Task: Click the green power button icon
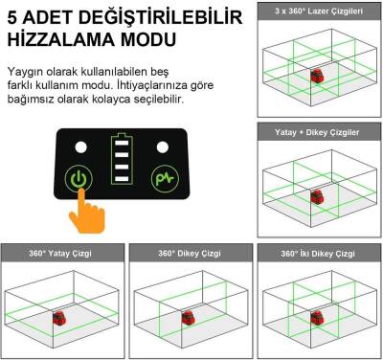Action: (79, 178)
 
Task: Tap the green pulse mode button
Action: (165, 178)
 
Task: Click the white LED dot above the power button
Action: (81, 148)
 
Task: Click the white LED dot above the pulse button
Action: (164, 148)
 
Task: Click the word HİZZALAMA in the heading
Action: (61, 41)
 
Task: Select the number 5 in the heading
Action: (13, 16)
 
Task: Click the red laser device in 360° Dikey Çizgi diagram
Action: (189, 318)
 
